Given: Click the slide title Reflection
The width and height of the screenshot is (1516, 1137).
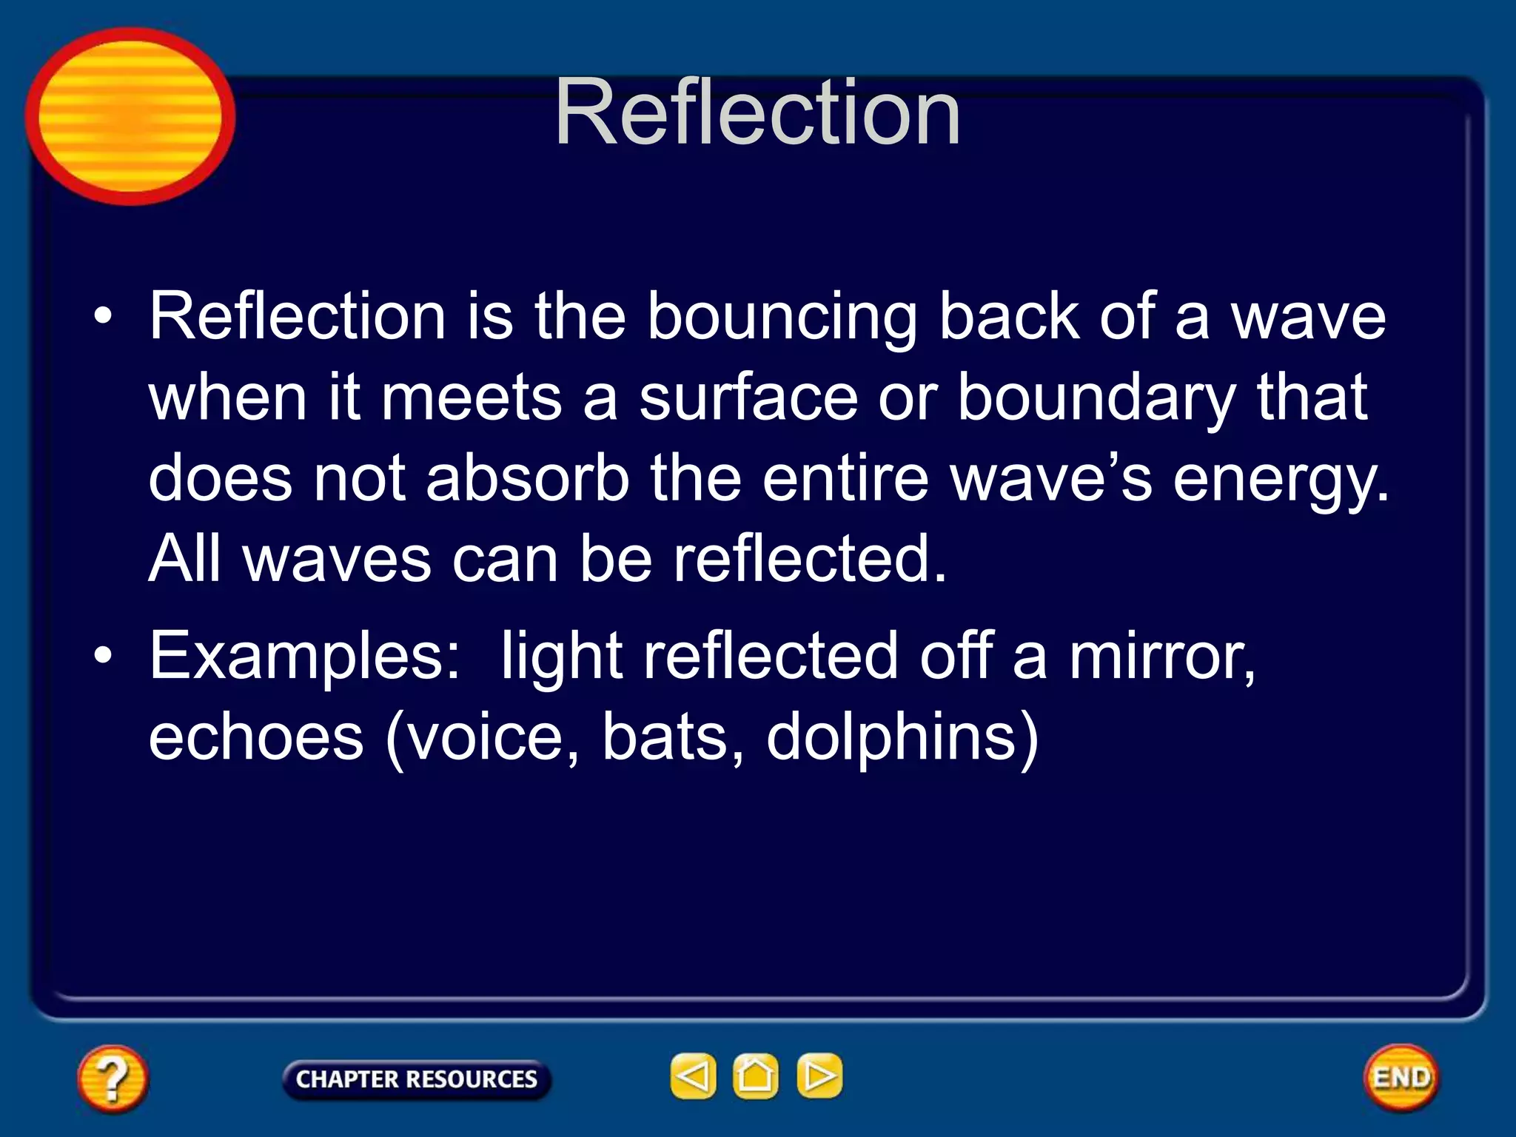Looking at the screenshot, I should point(757,113).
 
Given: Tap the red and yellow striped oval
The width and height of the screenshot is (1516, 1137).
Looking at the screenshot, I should point(130,116).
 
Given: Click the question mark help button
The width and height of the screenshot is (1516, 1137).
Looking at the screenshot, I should point(113,1079).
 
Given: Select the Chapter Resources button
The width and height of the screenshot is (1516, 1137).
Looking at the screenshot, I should point(416,1079).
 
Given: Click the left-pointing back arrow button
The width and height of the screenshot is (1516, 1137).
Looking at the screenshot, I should point(693,1076).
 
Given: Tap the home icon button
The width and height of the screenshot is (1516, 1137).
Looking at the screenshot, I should point(755,1076).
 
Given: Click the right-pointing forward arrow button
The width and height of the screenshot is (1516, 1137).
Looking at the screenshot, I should point(819,1076).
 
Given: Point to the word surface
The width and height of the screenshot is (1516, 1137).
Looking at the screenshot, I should point(748,398).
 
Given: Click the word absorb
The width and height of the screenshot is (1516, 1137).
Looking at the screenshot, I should point(528,479).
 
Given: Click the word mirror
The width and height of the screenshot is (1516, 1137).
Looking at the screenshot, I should point(1162,657).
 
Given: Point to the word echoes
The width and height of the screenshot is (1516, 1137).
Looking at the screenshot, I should point(256,737).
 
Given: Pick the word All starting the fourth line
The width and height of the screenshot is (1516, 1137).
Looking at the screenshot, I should point(184,559).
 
